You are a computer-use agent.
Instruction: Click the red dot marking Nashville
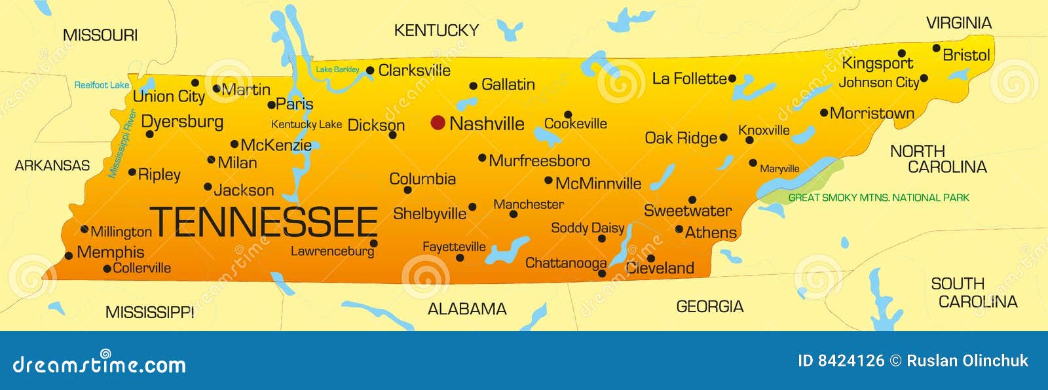pyautogui.click(x=438, y=122)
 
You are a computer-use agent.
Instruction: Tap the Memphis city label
pyautogui.click(x=110, y=252)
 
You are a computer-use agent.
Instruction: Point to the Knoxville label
pyautogui.click(x=764, y=130)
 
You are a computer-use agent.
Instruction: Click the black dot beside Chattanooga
pyautogui.click(x=602, y=273)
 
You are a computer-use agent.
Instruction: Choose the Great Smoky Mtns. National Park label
pyautogui.click(x=878, y=198)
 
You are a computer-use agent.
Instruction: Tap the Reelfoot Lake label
pyautogui.click(x=102, y=85)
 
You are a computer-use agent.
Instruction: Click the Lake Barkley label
pyautogui.click(x=337, y=69)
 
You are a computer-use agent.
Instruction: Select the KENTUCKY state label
pyautogui.click(x=436, y=30)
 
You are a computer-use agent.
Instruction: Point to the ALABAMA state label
pyautogui.click(x=467, y=309)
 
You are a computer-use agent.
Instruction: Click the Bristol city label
pyautogui.click(x=966, y=55)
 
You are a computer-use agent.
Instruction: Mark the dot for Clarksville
pyautogui.click(x=370, y=70)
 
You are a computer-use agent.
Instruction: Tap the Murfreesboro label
pyautogui.click(x=539, y=160)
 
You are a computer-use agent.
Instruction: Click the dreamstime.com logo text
pyautogui.click(x=99, y=364)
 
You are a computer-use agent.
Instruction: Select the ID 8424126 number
pyautogui.click(x=841, y=361)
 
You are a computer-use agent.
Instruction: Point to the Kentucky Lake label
pyautogui.click(x=306, y=124)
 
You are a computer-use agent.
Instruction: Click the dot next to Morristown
pyautogui.click(x=824, y=113)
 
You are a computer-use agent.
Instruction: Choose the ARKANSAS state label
pyautogui.click(x=52, y=166)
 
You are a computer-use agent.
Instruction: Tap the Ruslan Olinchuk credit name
pyautogui.click(x=967, y=361)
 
